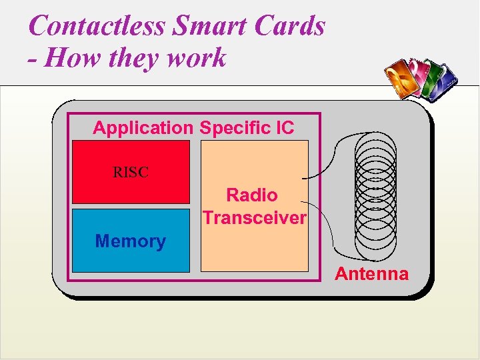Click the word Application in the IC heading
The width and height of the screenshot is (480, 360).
tap(143, 128)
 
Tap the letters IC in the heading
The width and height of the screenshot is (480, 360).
tap(284, 128)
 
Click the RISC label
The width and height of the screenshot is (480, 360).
tap(131, 173)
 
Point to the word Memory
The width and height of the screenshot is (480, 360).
tap(131, 241)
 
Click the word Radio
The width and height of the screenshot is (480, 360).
tap(252, 195)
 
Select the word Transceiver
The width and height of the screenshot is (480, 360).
tap(254, 218)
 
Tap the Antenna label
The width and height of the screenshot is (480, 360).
tap(371, 274)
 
